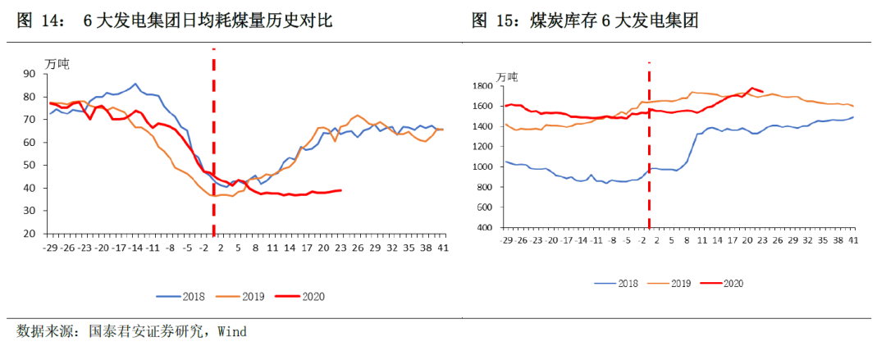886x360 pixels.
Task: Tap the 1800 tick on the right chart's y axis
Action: pyautogui.click(x=482, y=86)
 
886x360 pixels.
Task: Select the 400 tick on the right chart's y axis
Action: pyautogui.click(x=484, y=227)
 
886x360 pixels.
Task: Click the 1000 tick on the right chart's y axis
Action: pyautogui.click(x=482, y=166)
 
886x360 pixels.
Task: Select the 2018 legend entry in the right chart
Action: pyautogui.click(x=619, y=283)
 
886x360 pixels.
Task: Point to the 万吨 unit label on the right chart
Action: pyautogui.click(x=507, y=76)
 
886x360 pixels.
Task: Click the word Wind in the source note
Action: pyautogui.click(x=230, y=332)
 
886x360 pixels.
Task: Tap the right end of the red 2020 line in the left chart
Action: pyautogui.click(x=341, y=190)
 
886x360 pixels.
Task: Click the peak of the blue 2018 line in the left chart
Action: pyautogui.click(x=135, y=84)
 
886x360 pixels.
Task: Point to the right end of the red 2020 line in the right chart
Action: pyautogui.click(x=763, y=92)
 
